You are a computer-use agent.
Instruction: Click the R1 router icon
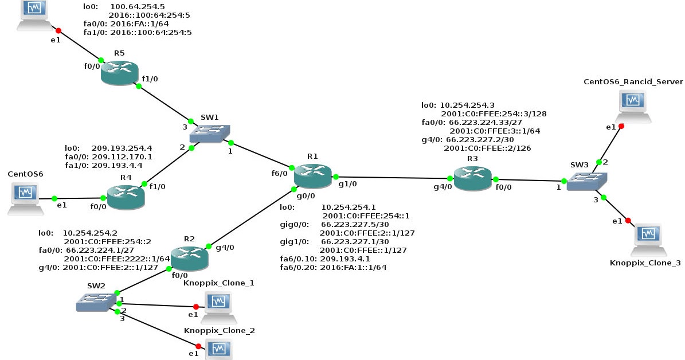tap(312, 175)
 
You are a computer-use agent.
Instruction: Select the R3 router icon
tap(472, 177)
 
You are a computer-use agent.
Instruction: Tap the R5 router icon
tap(120, 73)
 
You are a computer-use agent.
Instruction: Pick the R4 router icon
tap(126, 197)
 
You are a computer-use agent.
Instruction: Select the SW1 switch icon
tap(209, 134)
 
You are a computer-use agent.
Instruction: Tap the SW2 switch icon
tap(96, 302)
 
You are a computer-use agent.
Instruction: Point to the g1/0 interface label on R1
tap(347, 185)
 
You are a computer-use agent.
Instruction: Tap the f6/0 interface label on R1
tap(279, 173)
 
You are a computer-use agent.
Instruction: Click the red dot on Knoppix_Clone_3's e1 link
tap(628, 221)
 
